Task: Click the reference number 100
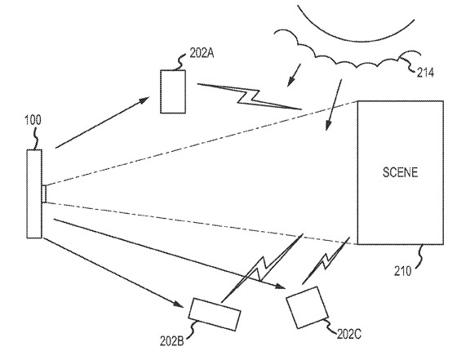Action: pyautogui.click(x=33, y=120)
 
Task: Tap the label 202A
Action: pyautogui.click(x=202, y=53)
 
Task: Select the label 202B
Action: pyautogui.click(x=171, y=340)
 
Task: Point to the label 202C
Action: pyautogui.click(x=349, y=334)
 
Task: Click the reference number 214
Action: pyautogui.click(x=425, y=73)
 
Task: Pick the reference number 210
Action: pyautogui.click(x=402, y=271)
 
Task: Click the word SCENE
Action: pyautogui.click(x=400, y=172)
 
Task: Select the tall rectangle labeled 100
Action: pyautogui.click(x=34, y=193)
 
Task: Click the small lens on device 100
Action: pyautogui.click(x=44, y=193)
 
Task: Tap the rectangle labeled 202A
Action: pyautogui.click(x=173, y=91)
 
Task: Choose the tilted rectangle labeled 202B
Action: pyautogui.click(x=215, y=314)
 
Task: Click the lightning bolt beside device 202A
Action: pyautogui.click(x=250, y=96)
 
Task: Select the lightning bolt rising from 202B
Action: pyautogui.click(x=262, y=268)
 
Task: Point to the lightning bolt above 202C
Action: pyautogui.click(x=326, y=260)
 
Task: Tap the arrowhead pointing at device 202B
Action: pyautogui.click(x=179, y=304)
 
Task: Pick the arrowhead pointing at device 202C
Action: pyautogui.click(x=280, y=286)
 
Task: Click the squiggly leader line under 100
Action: pyautogui.click(x=37, y=138)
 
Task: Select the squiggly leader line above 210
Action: pyautogui.click(x=419, y=255)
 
